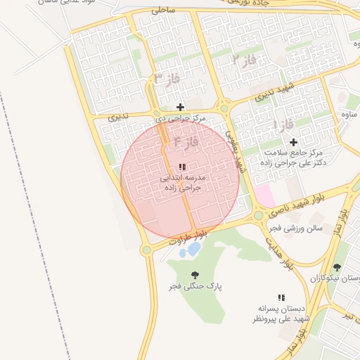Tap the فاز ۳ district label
point(167,78)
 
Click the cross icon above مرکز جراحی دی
point(181,108)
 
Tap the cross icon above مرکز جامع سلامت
point(293,142)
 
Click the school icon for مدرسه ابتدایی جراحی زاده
point(182,167)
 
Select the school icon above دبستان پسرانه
point(281,298)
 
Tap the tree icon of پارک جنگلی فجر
point(195,275)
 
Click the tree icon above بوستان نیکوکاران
point(337,267)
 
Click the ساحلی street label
point(162,11)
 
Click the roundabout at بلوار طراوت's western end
point(146,250)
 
